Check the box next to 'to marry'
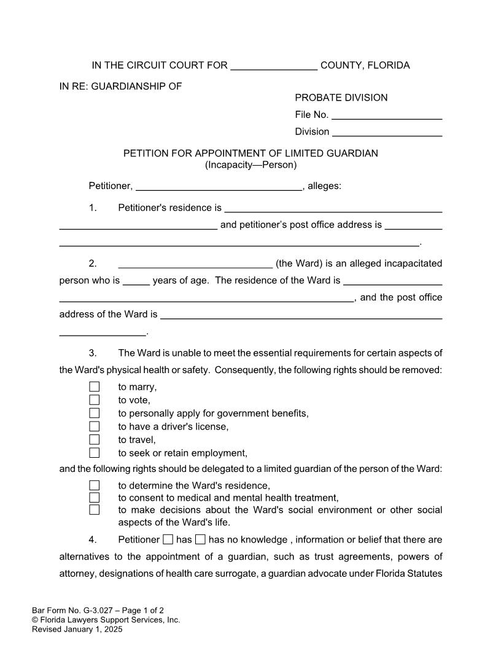(x=94, y=387)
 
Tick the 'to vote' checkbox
(x=94, y=400)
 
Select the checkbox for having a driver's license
(x=94, y=426)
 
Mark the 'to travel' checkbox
(x=94, y=439)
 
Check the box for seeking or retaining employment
(x=94, y=453)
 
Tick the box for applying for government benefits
(x=94, y=413)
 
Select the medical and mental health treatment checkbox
(x=94, y=498)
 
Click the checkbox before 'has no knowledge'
(x=200, y=540)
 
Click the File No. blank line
(x=387, y=115)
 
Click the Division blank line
(x=387, y=132)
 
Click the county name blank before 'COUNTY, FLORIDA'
(x=274, y=66)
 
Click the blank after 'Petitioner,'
(x=219, y=187)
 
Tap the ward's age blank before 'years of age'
(x=136, y=281)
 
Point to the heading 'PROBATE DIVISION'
(x=341, y=98)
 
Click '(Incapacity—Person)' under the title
(x=251, y=165)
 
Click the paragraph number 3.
(x=93, y=353)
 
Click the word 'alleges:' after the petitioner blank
(x=324, y=186)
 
